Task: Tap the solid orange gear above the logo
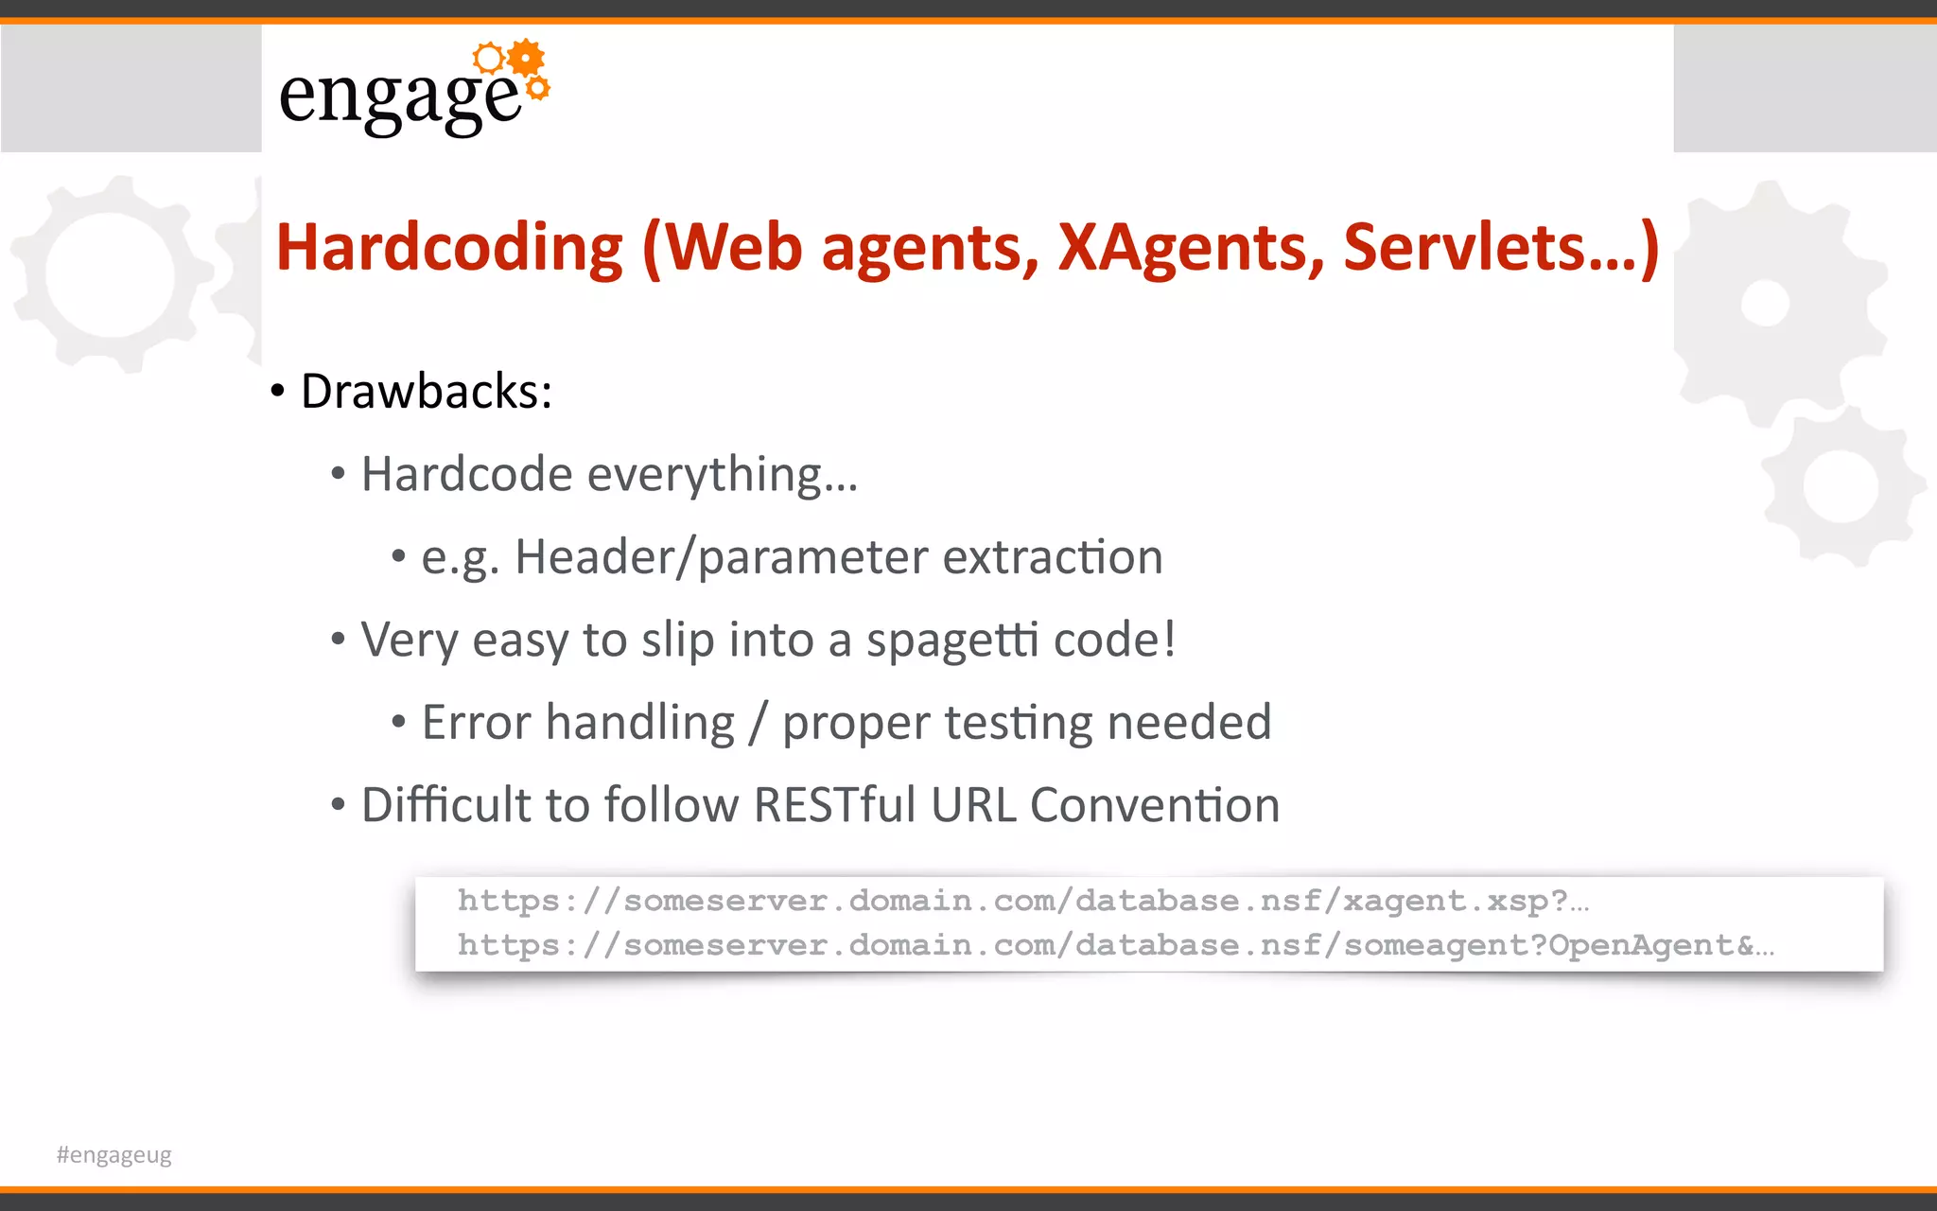(526, 58)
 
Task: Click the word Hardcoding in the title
(449, 248)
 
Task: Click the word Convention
(1154, 805)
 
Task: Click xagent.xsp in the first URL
(1455, 901)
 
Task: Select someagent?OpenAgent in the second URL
(1548, 945)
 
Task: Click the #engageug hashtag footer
(114, 1155)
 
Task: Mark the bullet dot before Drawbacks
(277, 392)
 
